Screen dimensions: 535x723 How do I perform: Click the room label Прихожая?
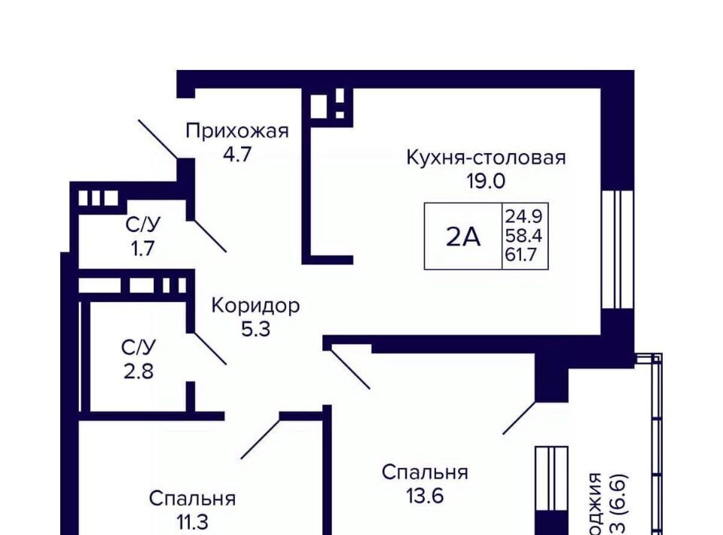point(237,131)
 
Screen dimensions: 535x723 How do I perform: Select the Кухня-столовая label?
point(486,157)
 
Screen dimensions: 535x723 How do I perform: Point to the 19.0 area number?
point(485,181)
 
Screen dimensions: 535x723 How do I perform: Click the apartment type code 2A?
point(463,237)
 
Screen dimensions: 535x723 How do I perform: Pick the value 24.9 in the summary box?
point(524,218)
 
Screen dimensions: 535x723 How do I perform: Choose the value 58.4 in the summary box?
point(524,236)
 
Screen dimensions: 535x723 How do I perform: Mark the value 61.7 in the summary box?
point(524,254)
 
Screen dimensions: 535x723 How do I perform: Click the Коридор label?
point(255,306)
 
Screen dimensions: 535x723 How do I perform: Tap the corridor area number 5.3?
point(255,329)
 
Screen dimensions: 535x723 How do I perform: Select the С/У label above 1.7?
point(142,225)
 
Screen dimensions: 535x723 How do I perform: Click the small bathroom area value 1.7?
point(142,248)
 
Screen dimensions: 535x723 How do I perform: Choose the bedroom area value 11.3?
point(192,522)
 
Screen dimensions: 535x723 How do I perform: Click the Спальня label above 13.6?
point(425,472)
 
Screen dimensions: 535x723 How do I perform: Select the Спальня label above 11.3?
point(192,499)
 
